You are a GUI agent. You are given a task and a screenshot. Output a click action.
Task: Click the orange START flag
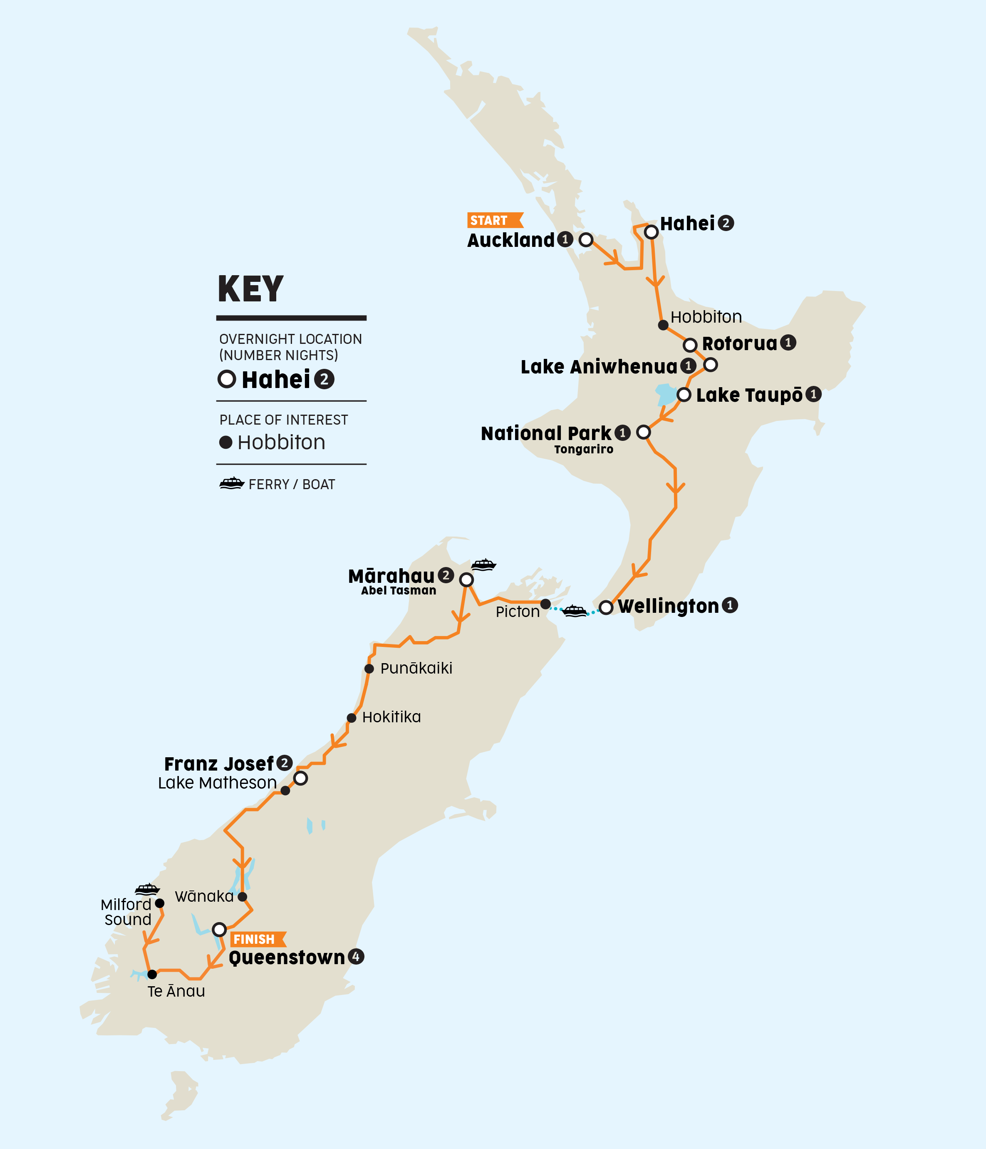pyautogui.click(x=493, y=220)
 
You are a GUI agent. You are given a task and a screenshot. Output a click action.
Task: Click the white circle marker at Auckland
pyautogui.click(x=586, y=240)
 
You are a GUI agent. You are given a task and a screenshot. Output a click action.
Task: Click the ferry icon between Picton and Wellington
pyautogui.click(x=575, y=611)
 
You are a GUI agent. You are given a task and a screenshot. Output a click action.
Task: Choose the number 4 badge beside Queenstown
pyautogui.click(x=356, y=957)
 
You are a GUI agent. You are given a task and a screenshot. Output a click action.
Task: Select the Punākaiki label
pyautogui.click(x=416, y=668)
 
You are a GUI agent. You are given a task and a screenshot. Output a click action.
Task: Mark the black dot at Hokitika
pyautogui.click(x=352, y=718)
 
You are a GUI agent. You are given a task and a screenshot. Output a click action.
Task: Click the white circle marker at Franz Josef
pyautogui.click(x=300, y=778)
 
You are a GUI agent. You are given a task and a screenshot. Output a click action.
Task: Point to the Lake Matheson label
pyautogui.click(x=217, y=783)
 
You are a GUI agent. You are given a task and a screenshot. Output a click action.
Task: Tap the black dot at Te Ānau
pyautogui.click(x=152, y=974)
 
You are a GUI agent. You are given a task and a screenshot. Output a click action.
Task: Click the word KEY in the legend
pyautogui.click(x=250, y=289)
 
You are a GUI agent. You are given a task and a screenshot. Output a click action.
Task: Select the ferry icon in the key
pyautogui.click(x=232, y=484)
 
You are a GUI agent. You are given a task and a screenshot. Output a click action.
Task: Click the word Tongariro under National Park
pyautogui.click(x=584, y=449)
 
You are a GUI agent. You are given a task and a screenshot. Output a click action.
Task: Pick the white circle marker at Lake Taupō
pyautogui.click(x=684, y=395)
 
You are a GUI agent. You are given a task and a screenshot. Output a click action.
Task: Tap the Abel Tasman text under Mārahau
pyautogui.click(x=399, y=591)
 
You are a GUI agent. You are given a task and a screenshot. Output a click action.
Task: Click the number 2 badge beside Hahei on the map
pyautogui.click(x=726, y=223)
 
